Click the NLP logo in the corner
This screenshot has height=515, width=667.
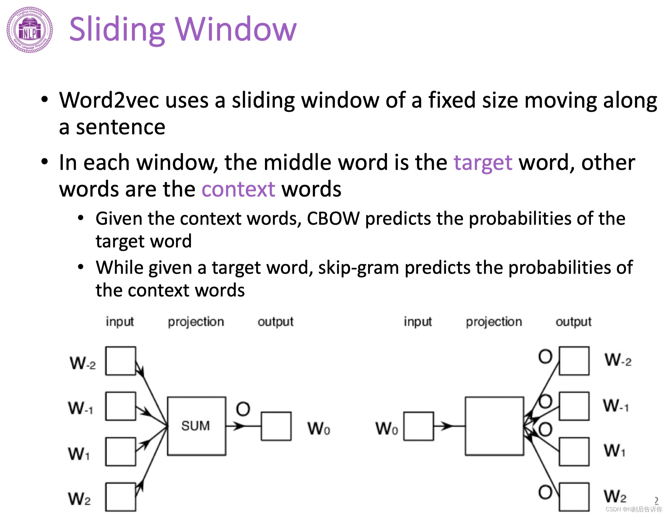[29, 30]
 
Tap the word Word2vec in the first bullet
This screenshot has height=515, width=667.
[109, 100]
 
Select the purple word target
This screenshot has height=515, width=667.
[483, 162]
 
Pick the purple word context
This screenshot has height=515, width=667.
[238, 189]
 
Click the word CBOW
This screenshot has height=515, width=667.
[333, 219]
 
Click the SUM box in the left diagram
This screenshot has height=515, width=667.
[196, 426]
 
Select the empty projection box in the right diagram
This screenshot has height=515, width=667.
[494, 426]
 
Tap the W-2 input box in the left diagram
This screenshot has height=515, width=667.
[121, 361]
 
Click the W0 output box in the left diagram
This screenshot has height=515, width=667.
[276, 426]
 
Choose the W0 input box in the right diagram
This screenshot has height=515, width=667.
[418, 426]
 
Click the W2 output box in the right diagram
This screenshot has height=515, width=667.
[574, 497]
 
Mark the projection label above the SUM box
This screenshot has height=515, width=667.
[196, 322]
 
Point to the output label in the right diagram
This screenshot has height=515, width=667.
[573, 322]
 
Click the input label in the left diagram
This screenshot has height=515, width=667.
[120, 322]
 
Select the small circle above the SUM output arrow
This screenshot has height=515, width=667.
[243, 409]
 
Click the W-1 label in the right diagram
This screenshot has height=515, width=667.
[615, 406]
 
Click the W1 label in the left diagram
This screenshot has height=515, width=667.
[79, 453]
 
